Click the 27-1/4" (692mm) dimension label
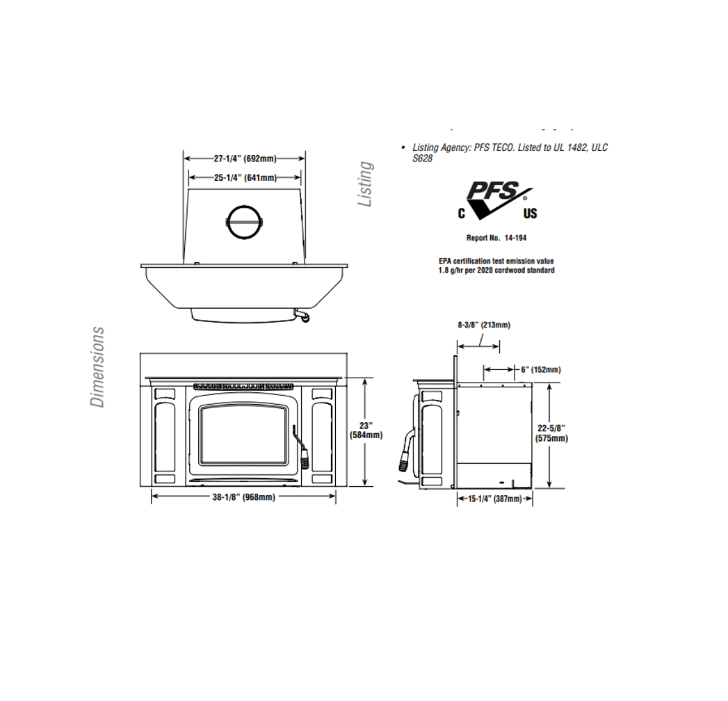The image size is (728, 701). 244,159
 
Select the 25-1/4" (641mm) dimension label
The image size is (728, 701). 244,178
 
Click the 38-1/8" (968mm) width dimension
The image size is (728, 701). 243,497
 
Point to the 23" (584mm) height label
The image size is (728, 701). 366,430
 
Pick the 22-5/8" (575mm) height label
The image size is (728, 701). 551,433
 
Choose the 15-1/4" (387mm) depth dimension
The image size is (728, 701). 494,499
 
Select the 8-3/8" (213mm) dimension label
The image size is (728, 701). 484,325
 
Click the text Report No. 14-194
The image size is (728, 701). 496,238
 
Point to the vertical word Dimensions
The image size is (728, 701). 97,367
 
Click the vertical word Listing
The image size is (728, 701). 365,184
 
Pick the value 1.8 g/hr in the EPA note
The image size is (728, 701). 452,271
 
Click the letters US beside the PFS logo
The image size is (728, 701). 530,213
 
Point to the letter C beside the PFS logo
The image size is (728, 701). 461,213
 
